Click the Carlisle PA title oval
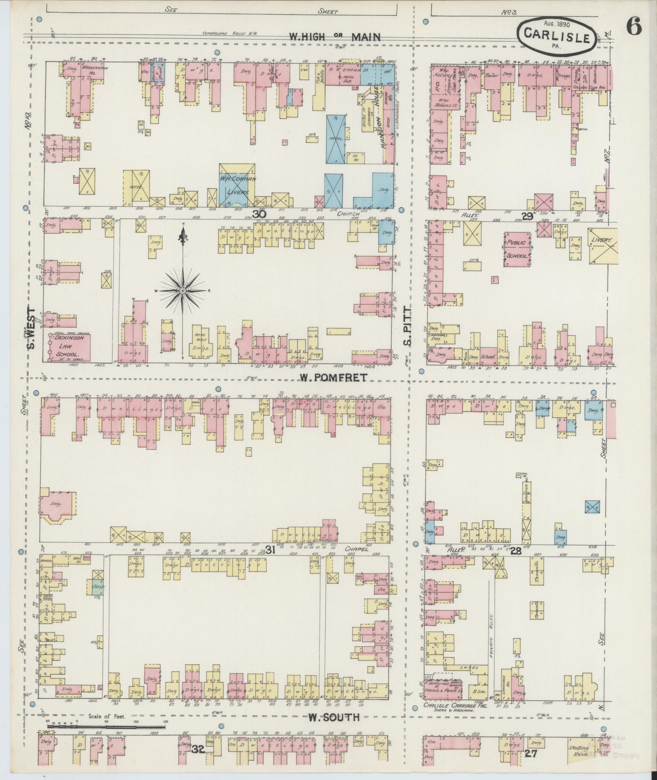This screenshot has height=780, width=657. click(556, 37)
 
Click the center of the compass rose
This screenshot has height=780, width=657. click(183, 290)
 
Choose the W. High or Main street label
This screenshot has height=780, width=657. click(334, 37)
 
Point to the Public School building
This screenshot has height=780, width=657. click(517, 249)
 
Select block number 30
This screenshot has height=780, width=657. click(259, 214)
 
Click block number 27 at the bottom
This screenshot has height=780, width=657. click(531, 753)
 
